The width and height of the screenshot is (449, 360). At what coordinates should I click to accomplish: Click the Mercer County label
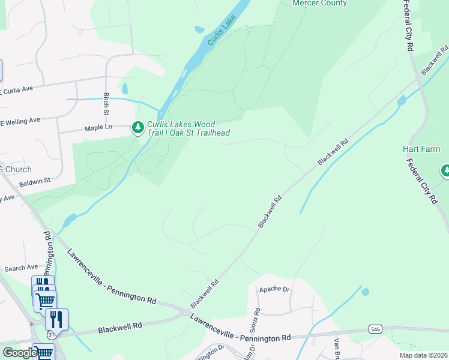point(319,4)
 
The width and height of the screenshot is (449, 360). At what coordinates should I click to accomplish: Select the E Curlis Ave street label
point(16,90)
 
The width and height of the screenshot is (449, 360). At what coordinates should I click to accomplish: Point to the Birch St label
point(106,104)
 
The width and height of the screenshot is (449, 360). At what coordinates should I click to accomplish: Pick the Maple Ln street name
point(98,128)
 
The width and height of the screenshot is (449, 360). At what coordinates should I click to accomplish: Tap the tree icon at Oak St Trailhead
point(138,127)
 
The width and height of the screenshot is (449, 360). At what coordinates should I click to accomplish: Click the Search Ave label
point(21,268)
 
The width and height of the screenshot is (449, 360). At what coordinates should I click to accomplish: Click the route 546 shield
point(375,329)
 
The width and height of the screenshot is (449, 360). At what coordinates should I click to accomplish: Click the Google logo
point(19,353)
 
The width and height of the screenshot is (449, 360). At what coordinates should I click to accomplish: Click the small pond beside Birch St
point(124,89)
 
